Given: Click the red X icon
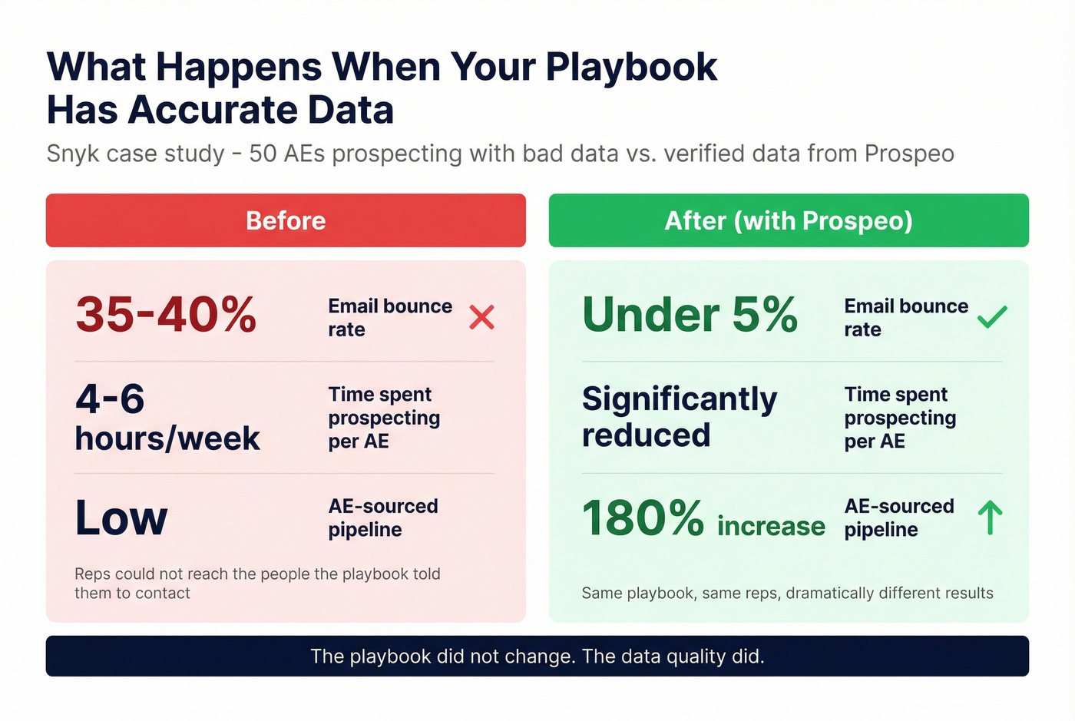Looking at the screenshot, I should coord(481,317).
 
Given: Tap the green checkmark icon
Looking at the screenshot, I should coord(992,316).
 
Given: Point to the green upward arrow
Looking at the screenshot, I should coord(991,518).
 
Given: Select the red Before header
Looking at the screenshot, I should coord(286,220).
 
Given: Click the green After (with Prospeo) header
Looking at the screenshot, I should coord(789,220).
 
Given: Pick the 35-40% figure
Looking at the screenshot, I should coord(166,315).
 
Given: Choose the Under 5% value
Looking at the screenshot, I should coord(690,315).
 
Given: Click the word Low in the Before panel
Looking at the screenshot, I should coord(121,518).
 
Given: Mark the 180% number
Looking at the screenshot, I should coord(643,518).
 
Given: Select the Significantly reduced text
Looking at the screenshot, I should coord(680,417).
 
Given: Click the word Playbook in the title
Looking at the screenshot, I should coord(631,67).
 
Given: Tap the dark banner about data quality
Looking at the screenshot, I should coord(537,657).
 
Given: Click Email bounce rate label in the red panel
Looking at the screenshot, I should coord(390,318).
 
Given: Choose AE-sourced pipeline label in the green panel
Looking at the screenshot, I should coord(899,518).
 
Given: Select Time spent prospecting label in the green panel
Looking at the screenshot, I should coord(900,418).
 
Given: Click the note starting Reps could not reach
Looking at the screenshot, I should coord(257,584).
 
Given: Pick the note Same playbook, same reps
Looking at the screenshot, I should coord(787,593).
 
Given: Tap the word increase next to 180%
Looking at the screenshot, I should coord(771,526).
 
